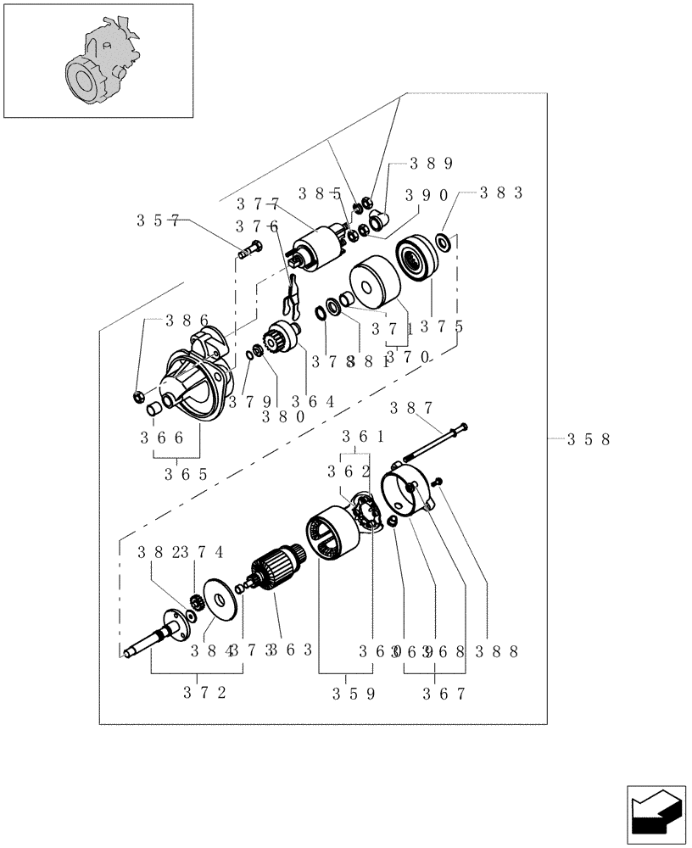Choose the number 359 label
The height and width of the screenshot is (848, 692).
354,693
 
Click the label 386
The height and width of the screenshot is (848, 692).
187,320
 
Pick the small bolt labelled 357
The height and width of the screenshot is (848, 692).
246,250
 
